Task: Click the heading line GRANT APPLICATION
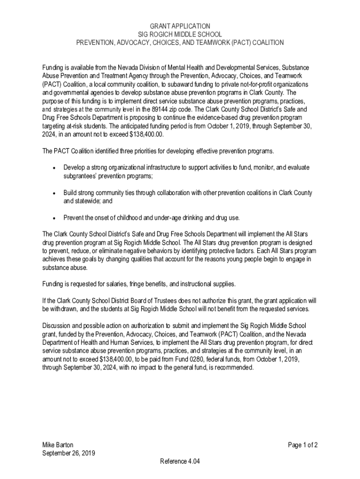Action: [180, 26]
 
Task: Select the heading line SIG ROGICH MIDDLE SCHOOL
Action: [180, 34]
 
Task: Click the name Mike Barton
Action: [58, 445]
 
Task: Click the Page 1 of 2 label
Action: [302, 445]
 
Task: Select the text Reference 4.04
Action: [180, 462]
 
